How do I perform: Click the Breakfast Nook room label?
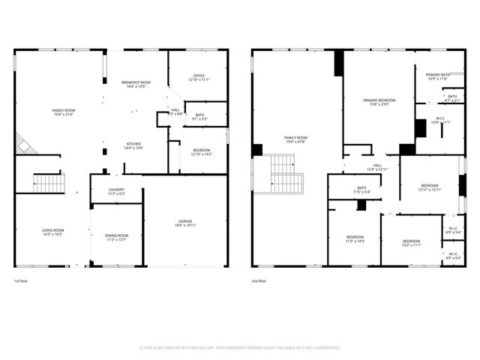[136, 82]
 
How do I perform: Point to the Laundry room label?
[115, 190]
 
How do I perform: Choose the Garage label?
[185, 220]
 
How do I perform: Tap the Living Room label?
[52, 230]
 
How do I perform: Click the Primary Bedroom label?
[379, 100]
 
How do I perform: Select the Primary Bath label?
[438, 75]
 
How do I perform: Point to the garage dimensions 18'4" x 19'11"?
[185, 224]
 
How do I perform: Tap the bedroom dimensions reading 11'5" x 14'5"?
[355, 241]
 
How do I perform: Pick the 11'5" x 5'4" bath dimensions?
[361, 192]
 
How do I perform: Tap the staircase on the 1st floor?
[49, 182]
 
